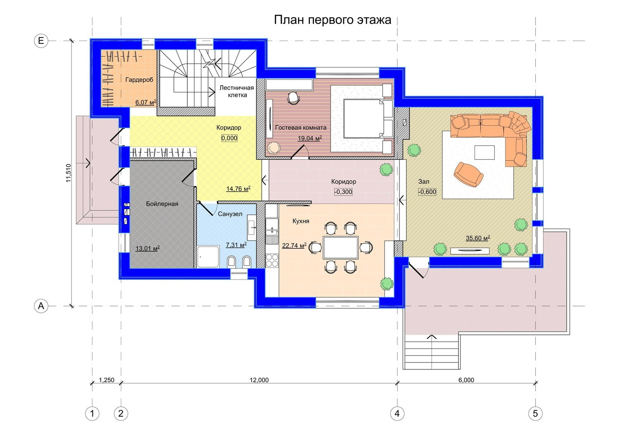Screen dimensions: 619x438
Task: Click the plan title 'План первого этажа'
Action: (333, 20)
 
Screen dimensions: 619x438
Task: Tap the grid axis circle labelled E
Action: (41, 41)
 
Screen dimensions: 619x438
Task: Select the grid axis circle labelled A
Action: (41, 306)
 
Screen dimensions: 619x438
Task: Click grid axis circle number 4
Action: (397, 414)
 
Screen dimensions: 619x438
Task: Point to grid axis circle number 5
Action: (535, 414)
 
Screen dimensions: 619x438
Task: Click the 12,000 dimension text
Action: (259, 380)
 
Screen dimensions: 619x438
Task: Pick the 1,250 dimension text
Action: (106, 380)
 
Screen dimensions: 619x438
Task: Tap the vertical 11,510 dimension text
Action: (68, 173)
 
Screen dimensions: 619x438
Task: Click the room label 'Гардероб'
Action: (139, 80)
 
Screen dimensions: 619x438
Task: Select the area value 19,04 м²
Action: (309, 138)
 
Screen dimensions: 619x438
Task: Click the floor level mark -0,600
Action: (427, 192)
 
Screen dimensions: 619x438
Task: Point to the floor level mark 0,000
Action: (229, 138)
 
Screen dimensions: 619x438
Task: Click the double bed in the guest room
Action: (368, 118)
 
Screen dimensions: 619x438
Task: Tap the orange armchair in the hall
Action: (469, 175)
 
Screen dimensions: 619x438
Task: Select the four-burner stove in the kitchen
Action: (272, 260)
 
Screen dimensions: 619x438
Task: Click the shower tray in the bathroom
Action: (208, 257)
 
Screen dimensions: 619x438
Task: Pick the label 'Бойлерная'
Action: (162, 204)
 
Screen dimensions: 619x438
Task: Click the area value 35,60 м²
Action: (478, 238)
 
